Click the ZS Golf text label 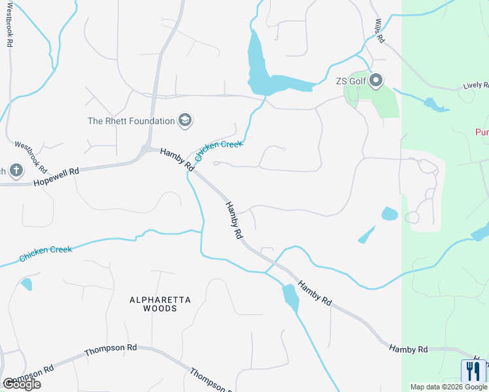click(350, 81)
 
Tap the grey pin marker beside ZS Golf click(376, 81)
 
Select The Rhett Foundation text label click(131, 121)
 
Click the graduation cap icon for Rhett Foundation click(185, 121)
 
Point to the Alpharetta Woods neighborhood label click(160, 304)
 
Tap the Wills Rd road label click(379, 30)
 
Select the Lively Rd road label click(476, 86)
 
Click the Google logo click(21, 384)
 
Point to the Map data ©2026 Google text click(448, 387)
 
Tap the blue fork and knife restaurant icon click(473, 371)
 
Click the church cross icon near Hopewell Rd click(16, 171)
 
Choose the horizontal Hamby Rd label click(409, 350)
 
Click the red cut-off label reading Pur click(482, 132)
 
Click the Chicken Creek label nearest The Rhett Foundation click(218, 150)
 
